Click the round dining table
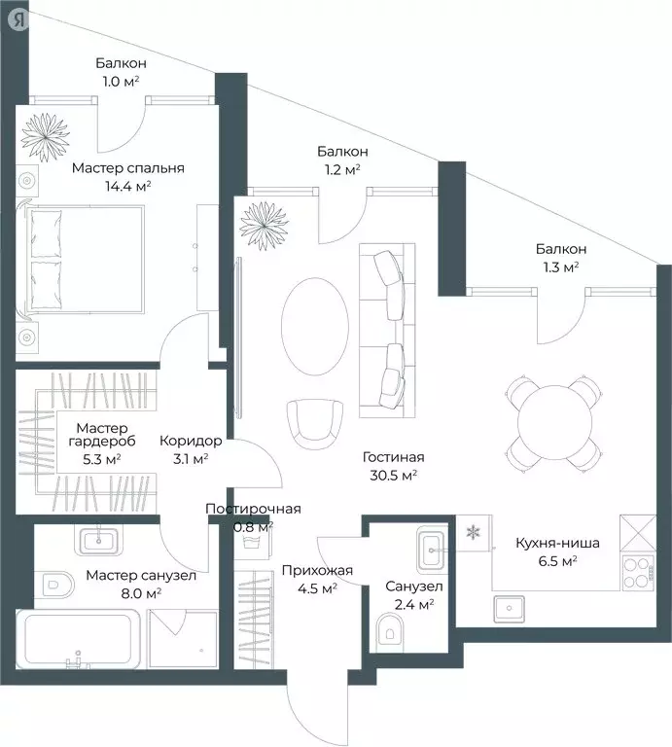(x=555, y=422)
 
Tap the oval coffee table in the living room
(x=315, y=327)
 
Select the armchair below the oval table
(x=315, y=423)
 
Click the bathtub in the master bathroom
(x=78, y=639)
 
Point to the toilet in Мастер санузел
(x=58, y=585)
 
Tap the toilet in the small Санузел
(x=389, y=632)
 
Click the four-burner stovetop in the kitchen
(x=638, y=573)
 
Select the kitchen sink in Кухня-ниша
(x=509, y=609)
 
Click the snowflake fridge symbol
(x=473, y=532)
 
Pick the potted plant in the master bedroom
(x=46, y=137)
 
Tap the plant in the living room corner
(x=265, y=226)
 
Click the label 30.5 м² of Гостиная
(x=394, y=475)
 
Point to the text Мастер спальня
(x=128, y=168)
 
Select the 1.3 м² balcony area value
(x=561, y=267)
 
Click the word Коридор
(x=191, y=441)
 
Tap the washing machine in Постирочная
(x=254, y=542)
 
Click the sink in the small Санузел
(x=433, y=550)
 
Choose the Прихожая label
(x=317, y=570)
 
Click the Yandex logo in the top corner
(x=19, y=19)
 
